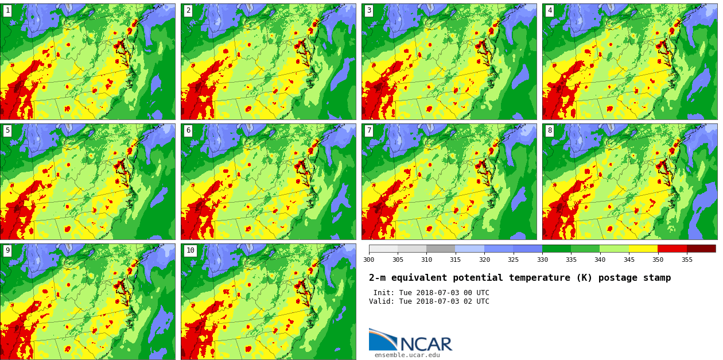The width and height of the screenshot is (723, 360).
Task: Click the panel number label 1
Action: [7, 10]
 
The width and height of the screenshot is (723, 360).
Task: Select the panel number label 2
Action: [188, 10]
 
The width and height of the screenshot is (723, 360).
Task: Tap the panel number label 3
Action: [369, 10]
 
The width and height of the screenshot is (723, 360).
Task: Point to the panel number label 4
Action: [550, 10]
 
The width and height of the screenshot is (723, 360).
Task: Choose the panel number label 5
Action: [7, 130]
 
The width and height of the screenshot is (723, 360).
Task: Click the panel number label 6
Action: [188, 130]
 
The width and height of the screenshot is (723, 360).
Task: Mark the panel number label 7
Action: [369, 130]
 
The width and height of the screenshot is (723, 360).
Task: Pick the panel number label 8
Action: [550, 130]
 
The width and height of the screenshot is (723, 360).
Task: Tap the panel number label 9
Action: [7, 250]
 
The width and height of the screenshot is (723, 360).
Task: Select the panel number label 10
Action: [190, 250]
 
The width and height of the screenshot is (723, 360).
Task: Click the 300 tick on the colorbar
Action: [369, 260]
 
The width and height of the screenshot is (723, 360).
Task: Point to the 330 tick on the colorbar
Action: [542, 260]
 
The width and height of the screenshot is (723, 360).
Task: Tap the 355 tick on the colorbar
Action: [687, 260]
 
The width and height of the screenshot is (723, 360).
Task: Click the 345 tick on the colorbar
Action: [629, 260]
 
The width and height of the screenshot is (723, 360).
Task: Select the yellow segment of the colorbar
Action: [643, 249]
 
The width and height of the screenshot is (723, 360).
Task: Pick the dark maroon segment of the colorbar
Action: [701, 249]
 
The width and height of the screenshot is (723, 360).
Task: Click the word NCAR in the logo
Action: [426, 344]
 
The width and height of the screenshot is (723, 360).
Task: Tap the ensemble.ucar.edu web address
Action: [407, 355]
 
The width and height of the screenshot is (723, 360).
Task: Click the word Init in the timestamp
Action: [384, 293]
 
